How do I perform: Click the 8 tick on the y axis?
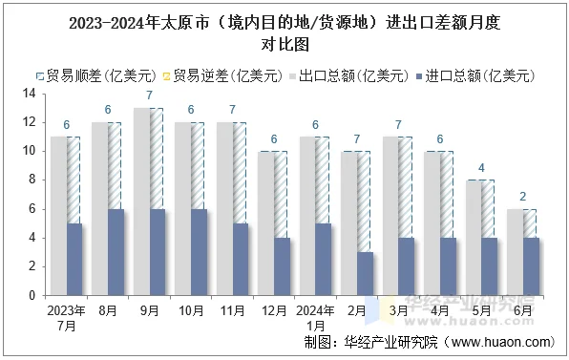pyautogui.click(x=31, y=180)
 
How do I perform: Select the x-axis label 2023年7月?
pyautogui.click(x=66, y=318)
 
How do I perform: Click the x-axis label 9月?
pyautogui.click(x=148, y=310)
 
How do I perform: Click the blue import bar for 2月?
pyautogui.click(x=364, y=273)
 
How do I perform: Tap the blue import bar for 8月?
pyautogui.click(x=116, y=251)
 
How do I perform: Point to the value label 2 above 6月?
pyautogui.click(x=522, y=198)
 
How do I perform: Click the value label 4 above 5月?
pyautogui.click(x=481, y=169)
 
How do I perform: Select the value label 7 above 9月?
pyautogui.click(x=149, y=96)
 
